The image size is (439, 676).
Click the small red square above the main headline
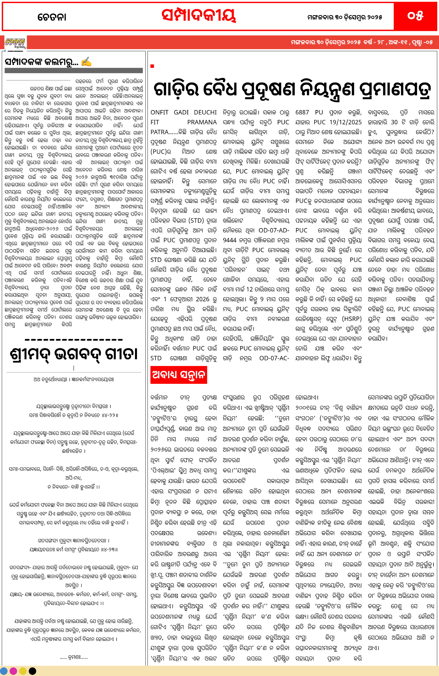pyautogui.click(x=152, y=66)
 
